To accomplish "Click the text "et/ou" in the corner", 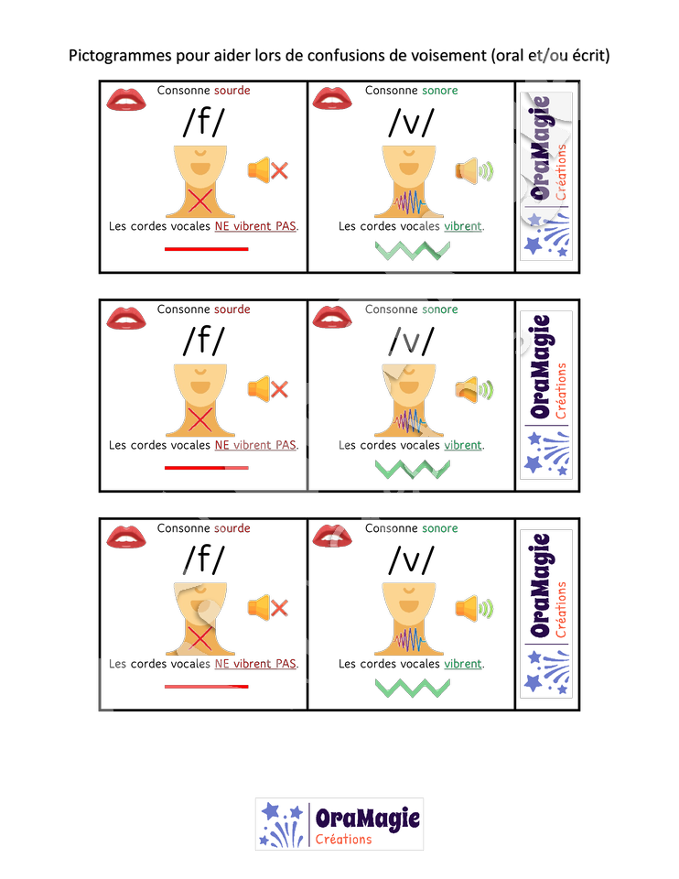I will pos(547,57).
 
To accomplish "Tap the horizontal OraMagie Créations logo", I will pos(339,824).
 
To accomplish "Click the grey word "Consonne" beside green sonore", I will pos(391,309).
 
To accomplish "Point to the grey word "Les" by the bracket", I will pos(117,664).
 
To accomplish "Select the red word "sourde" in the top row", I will pos(232,91).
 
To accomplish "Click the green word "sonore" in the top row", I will pos(439,91).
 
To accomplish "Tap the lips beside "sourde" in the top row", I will pos(126,98).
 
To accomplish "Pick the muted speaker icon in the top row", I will pos(267,170).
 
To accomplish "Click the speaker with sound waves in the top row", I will pos(474,170).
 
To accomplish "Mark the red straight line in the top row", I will pos(206,248).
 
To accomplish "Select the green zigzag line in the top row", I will pos(412,250).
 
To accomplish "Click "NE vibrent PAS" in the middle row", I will pos(255,446).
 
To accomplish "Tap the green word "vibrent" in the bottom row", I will pos(462,664).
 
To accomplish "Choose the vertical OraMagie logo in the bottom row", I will pos(546,613).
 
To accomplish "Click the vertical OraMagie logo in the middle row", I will pos(546,395).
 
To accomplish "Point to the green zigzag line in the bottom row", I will pos(412,688).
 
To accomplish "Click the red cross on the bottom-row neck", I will pos(199,638).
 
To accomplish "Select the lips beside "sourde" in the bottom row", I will pos(126,536).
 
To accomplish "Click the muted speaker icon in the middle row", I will pos(267,389).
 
